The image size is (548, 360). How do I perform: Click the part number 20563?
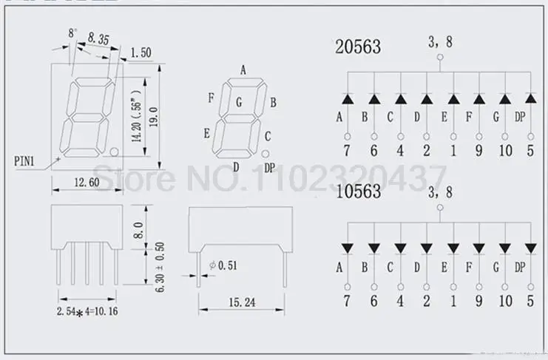click(x=358, y=47)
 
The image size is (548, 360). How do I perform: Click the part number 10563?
click(x=358, y=192)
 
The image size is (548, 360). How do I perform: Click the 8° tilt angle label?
click(x=72, y=33)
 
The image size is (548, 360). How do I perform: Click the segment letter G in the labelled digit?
click(x=239, y=103)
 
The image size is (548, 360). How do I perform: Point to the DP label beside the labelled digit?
click(x=269, y=168)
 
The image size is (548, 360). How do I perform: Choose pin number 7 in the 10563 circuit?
click(x=346, y=300)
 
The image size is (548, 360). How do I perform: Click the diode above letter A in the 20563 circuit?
click(x=346, y=98)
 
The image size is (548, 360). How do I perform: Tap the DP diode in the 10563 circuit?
click(x=530, y=246)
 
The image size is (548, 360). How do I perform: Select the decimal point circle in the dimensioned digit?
click(x=114, y=152)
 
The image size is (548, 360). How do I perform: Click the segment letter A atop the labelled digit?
click(x=243, y=70)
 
